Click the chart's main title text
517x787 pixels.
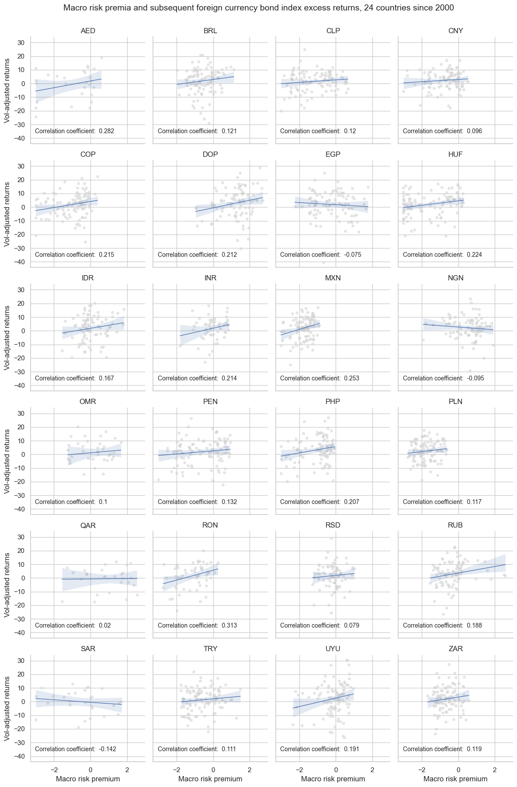[258, 7]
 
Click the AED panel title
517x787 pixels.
[88, 31]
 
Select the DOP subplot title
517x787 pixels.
[210, 155]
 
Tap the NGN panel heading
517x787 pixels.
[455, 278]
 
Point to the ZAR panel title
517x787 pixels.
[455, 649]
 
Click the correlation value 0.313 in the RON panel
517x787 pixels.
[229, 625]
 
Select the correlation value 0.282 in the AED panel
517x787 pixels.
[107, 131]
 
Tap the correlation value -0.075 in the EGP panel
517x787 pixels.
[352, 255]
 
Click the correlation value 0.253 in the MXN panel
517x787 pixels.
[352, 378]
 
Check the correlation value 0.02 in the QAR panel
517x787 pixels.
[105, 625]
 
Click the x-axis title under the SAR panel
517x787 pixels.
[88, 779]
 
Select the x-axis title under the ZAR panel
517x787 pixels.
[455, 779]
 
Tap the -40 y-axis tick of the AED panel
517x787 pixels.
[21, 138]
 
